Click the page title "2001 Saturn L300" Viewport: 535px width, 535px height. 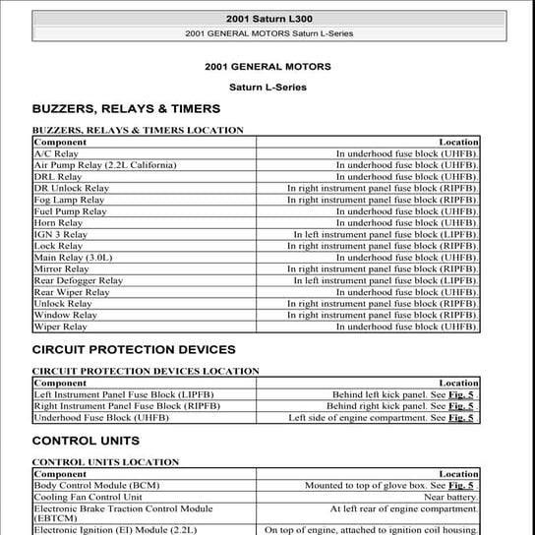tap(267, 19)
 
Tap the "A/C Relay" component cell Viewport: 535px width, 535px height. tap(56, 154)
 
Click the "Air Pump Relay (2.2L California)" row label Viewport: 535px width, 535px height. tap(105, 165)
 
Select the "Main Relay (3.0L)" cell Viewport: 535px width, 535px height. tap(74, 258)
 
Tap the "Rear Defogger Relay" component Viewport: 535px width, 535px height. tap(79, 280)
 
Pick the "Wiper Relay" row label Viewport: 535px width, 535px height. tap(61, 327)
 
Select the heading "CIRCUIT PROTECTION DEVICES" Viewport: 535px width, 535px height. tap(134, 349)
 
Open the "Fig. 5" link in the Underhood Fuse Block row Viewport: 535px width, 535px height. tap(461, 418)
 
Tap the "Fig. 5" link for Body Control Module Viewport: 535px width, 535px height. tap(461, 486)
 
